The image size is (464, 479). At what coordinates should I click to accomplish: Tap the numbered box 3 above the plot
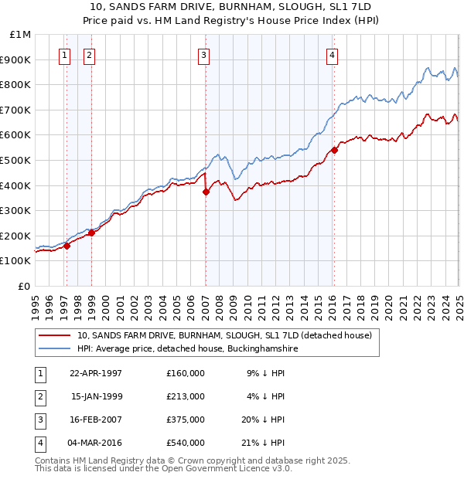click(203, 55)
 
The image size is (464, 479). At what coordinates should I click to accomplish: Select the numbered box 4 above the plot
click(332, 55)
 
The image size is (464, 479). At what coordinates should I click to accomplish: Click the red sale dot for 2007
click(206, 192)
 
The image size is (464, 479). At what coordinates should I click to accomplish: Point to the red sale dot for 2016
click(335, 150)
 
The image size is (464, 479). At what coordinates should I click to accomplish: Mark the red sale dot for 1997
click(67, 246)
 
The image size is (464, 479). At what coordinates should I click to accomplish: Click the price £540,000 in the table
click(186, 443)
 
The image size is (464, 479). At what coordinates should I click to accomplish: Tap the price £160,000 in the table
click(186, 373)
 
